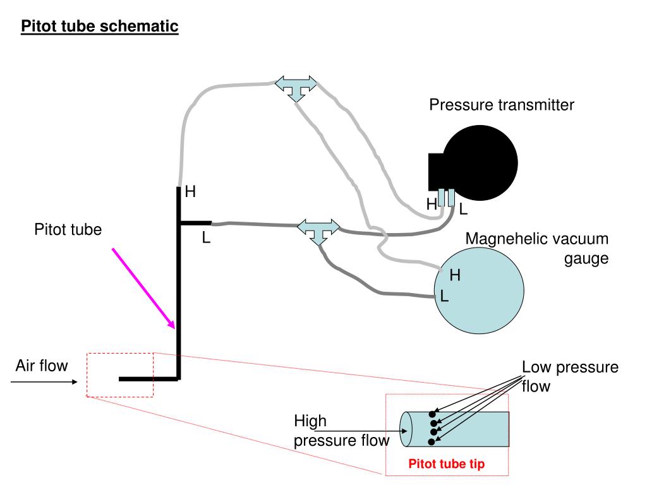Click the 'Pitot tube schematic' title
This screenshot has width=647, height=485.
tap(100, 27)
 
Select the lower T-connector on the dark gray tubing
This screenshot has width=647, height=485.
tap(318, 231)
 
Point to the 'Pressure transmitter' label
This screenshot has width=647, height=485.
tap(502, 105)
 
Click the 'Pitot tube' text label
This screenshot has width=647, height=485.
tap(68, 230)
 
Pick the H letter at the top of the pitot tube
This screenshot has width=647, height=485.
tap(190, 192)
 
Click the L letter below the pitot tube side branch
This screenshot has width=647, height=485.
tap(206, 238)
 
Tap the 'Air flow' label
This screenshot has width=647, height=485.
tap(42, 366)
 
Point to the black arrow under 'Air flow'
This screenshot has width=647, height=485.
tap(44, 381)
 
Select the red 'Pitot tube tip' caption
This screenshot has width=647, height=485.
tap(446, 465)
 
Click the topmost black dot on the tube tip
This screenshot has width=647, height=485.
tap(433, 414)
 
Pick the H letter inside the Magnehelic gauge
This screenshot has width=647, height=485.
tap(454, 275)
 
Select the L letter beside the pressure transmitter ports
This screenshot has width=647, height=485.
tap(463, 208)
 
